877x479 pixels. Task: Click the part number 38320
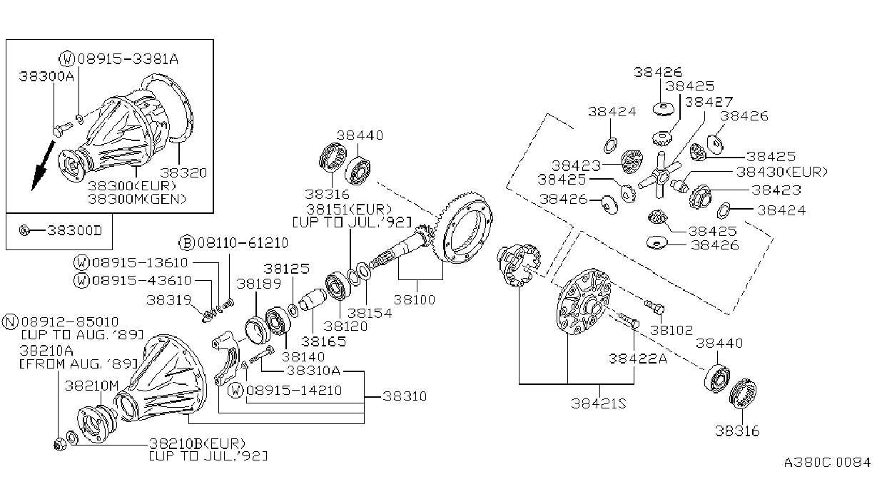pyautogui.click(x=183, y=172)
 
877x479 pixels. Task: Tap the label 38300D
pyautogui.click(x=75, y=230)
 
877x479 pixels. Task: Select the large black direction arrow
pyautogui.click(x=42, y=166)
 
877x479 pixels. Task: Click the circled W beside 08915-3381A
pyautogui.click(x=67, y=59)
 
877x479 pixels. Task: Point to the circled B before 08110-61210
pyautogui.click(x=187, y=243)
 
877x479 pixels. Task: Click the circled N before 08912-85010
pyautogui.click(x=10, y=321)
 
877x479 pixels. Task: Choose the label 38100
pyautogui.click(x=414, y=300)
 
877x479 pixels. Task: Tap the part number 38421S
pyautogui.click(x=598, y=403)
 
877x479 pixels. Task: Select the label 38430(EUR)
pyautogui.click(x=782, y=172)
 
